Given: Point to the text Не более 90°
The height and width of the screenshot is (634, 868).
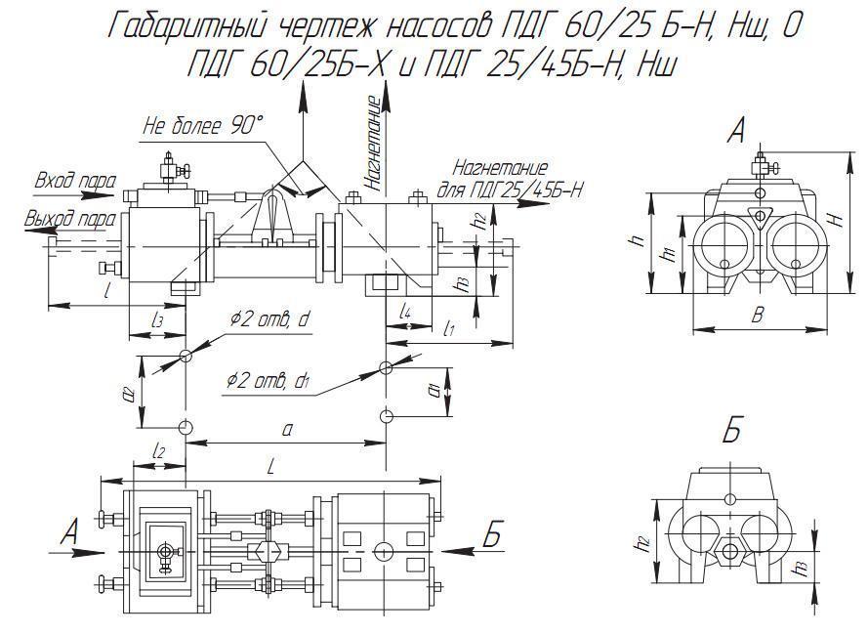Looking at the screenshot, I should coord(203,126).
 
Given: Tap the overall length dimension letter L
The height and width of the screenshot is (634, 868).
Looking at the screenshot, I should coord(270,468).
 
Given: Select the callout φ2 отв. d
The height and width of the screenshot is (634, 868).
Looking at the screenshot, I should coord(269,319).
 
